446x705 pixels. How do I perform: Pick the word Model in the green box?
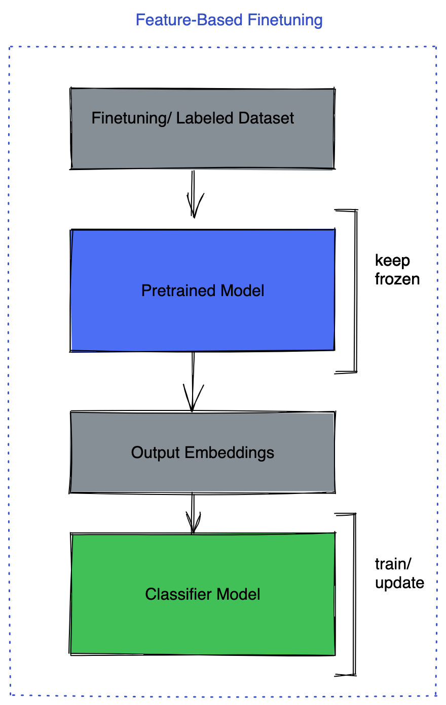pyautogui.click(x=239, y=594)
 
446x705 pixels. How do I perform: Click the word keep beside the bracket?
pyautogui.click(x=392, y=261)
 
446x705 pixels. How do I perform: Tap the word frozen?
pyautogui.click(x=397, y=279)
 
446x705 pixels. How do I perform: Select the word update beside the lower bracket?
pyautogui.click(x=399, y=583)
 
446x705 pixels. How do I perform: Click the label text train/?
pyautogui.click(x=392, y=564)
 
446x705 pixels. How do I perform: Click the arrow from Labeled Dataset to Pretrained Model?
pyautogui.click(x=193, y=195)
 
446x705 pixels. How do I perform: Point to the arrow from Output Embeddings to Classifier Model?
pyautogui.click(x=193, y=514)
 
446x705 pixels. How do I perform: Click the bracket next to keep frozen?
pyautogui.click(x=355, y=291)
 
